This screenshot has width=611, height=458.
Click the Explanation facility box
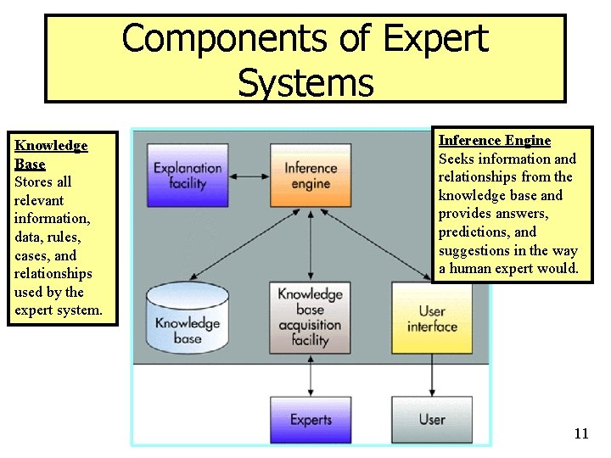[188, 175]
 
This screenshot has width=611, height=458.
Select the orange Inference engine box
[311, 175]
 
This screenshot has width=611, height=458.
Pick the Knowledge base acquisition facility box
[310, 317]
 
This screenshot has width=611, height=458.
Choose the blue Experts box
[311, 419]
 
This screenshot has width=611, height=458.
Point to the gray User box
[431, 419]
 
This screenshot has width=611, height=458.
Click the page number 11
[580, 434]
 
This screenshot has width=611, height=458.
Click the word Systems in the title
[305, 82]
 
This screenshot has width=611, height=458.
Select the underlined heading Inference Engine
[494, 141]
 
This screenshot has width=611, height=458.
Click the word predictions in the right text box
[473, 232]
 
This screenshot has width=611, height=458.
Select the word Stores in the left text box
[34, 182]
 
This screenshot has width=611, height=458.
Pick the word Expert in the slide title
[435, 39]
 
